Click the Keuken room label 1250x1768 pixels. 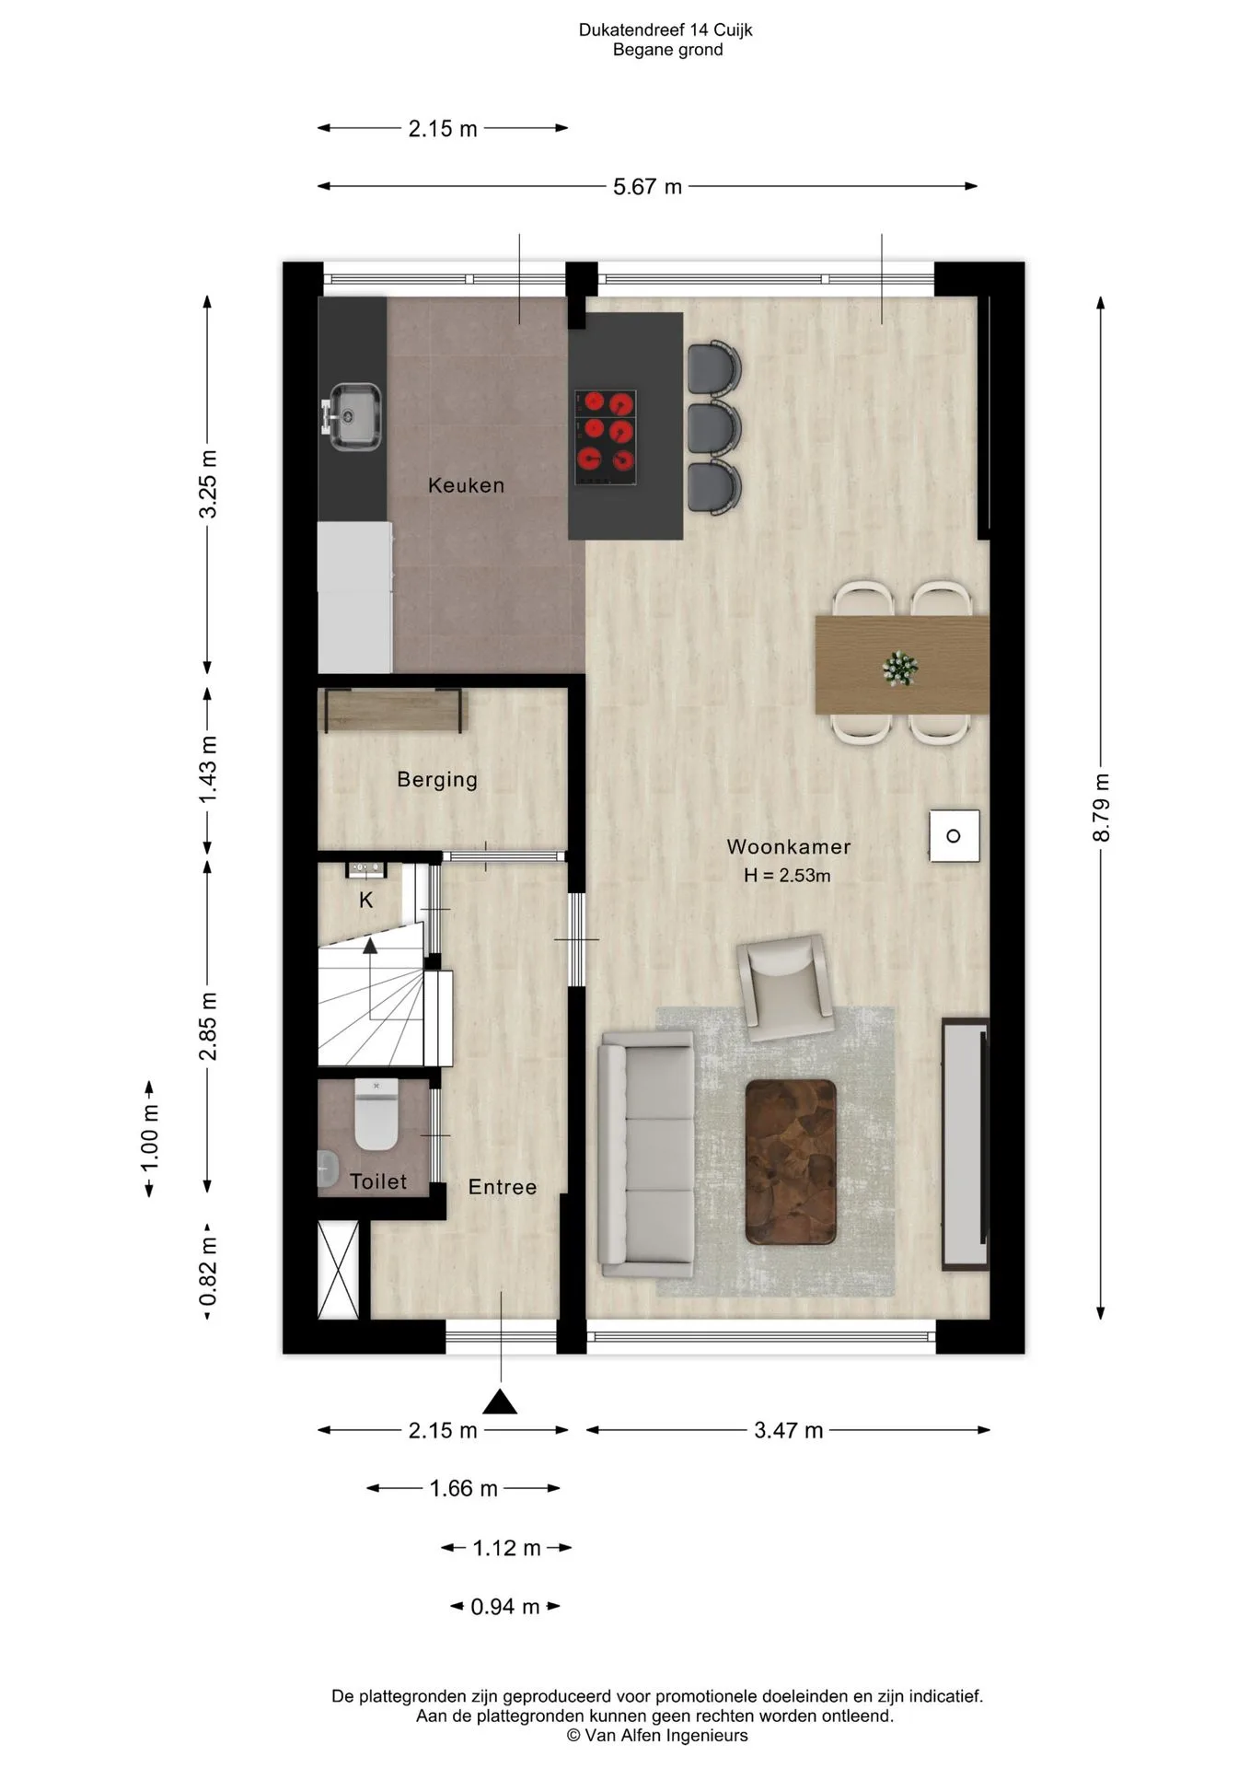(466, 485)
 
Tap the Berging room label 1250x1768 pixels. (437, 780)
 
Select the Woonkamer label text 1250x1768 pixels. (789, 846)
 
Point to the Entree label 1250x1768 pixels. (503, 1187)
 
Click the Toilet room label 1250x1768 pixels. (378, 1181)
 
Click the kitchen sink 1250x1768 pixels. (351, 417)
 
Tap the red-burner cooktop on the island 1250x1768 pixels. (606, 437)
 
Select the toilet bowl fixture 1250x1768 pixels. (376, 1115)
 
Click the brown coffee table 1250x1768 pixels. (791, 1162)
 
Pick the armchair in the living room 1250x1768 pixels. (785, 987)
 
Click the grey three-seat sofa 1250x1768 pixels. (646, 1155)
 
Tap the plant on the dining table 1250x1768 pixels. (899, 667)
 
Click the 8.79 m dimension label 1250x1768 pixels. (1101, 808)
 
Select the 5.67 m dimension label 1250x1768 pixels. (647, 187)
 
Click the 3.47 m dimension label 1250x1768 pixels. (788, 1430)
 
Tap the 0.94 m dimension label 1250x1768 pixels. (504, 1607)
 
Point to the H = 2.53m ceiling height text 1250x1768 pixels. (787, 876)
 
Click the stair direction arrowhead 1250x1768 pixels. (370, 946)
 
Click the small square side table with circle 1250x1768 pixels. (954, 836)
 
